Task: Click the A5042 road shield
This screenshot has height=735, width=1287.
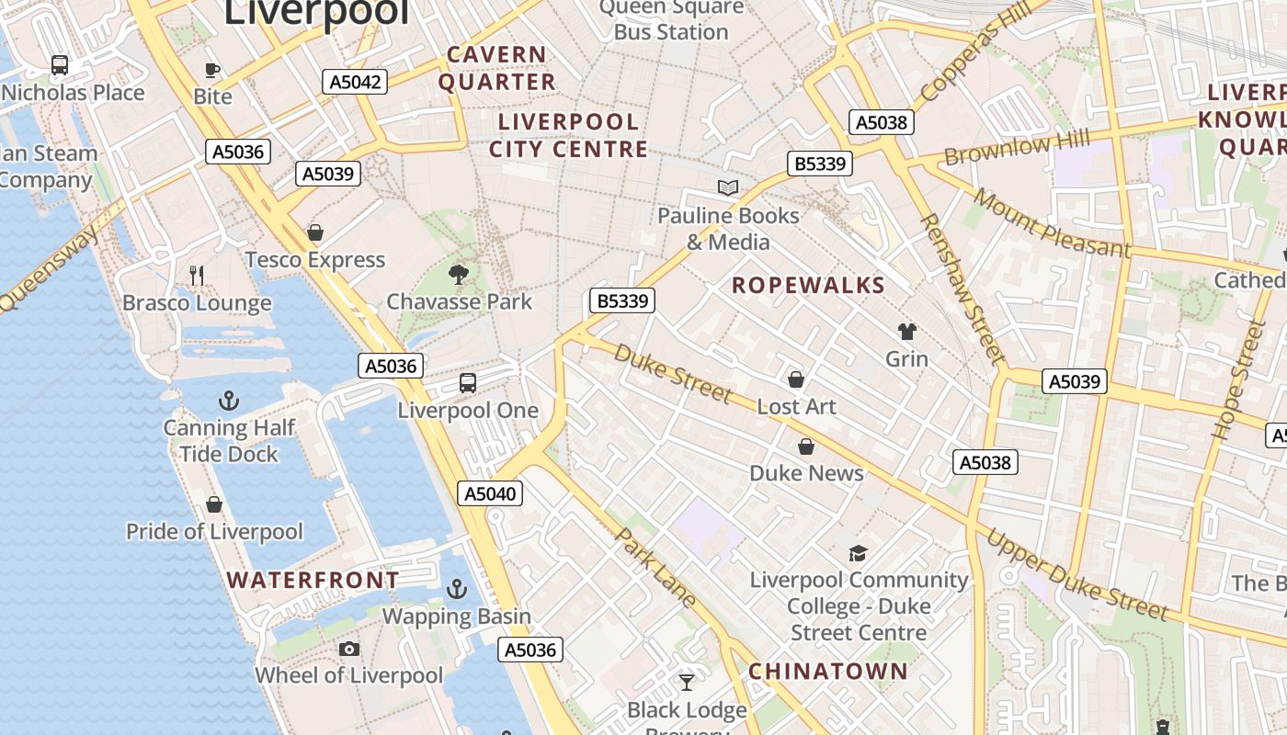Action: [x=356, y=82]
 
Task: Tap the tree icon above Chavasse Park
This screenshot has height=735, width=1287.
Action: [x=458, y=274]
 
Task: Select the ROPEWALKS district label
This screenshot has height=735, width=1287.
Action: [x=808, y=285]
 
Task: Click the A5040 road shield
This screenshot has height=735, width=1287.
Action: [x=490, y=493]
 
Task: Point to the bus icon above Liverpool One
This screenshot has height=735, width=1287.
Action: [x=468, y=383]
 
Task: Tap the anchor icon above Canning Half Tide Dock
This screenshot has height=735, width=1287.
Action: [x=228, y=401]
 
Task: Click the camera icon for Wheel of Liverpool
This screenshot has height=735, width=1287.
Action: [x=348, y=650]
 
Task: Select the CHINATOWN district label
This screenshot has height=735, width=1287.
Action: [x=827, y=671]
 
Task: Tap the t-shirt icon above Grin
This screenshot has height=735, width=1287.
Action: [x=906, y=332]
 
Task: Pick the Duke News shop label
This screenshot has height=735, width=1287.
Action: [x=806, y=473]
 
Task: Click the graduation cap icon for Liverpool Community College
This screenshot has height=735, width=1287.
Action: [x=858, y=553]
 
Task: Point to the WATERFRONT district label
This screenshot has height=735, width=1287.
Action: [x=313, y=580]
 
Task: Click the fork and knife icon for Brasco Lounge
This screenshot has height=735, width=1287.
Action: [x=196, y=275]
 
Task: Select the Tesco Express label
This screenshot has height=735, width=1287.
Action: [x=314, y=260]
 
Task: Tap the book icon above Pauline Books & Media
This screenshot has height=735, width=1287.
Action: [x=728, y=188]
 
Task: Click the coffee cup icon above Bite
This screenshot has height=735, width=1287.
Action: [x=212, y=70]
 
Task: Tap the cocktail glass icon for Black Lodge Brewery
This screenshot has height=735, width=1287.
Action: [x=687, y=682]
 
